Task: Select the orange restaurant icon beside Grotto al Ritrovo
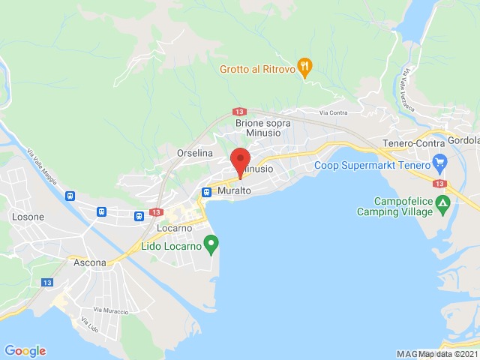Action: coord(304,67)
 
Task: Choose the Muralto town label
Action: coord(235,191)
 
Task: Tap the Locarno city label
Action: coord(175,228)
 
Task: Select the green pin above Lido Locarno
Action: coord(212,244)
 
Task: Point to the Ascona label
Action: coord(90,263)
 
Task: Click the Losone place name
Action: coord(28,217)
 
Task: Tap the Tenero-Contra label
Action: coord(412,143)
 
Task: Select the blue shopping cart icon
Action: coord(440,163)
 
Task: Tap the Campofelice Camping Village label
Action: coord(404,206)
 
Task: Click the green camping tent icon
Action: coord(444,202)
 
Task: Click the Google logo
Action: coord(25,351)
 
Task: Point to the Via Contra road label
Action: coord(334,113)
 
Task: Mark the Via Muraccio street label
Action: coord(111,310)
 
